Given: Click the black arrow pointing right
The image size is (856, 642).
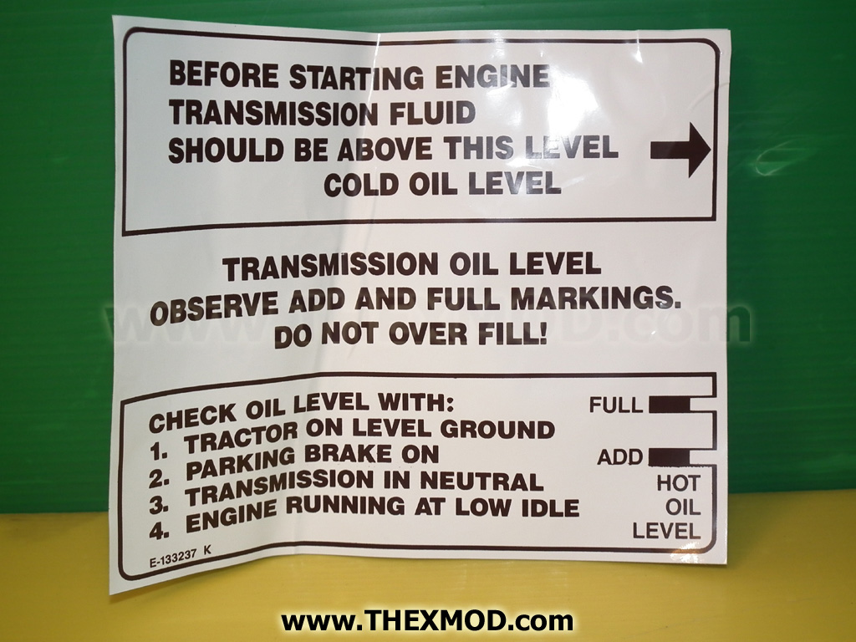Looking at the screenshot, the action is pyautogui.click(x=680, y=150).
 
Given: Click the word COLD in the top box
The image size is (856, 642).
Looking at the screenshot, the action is pyautogui.click(x=361, y=185).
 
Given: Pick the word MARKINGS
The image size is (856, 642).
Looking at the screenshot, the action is pyautogui.click(x=595, y=298).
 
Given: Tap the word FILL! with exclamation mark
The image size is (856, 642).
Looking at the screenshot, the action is pyautogui.click(x=512, y=333).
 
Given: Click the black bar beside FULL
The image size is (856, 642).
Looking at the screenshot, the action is pyautogui.click(x=670, y=405).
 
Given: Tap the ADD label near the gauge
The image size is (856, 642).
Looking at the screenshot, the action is pyautogui.click(x=620, y=457).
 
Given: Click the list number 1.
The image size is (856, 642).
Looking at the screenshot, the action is pyautogui.click(x=157, y=451).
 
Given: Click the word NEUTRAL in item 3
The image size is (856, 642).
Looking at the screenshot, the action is pyautogui.click(x=481, y=481).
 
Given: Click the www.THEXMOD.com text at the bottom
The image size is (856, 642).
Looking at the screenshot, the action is pyautogui.click(x=427, y=621).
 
